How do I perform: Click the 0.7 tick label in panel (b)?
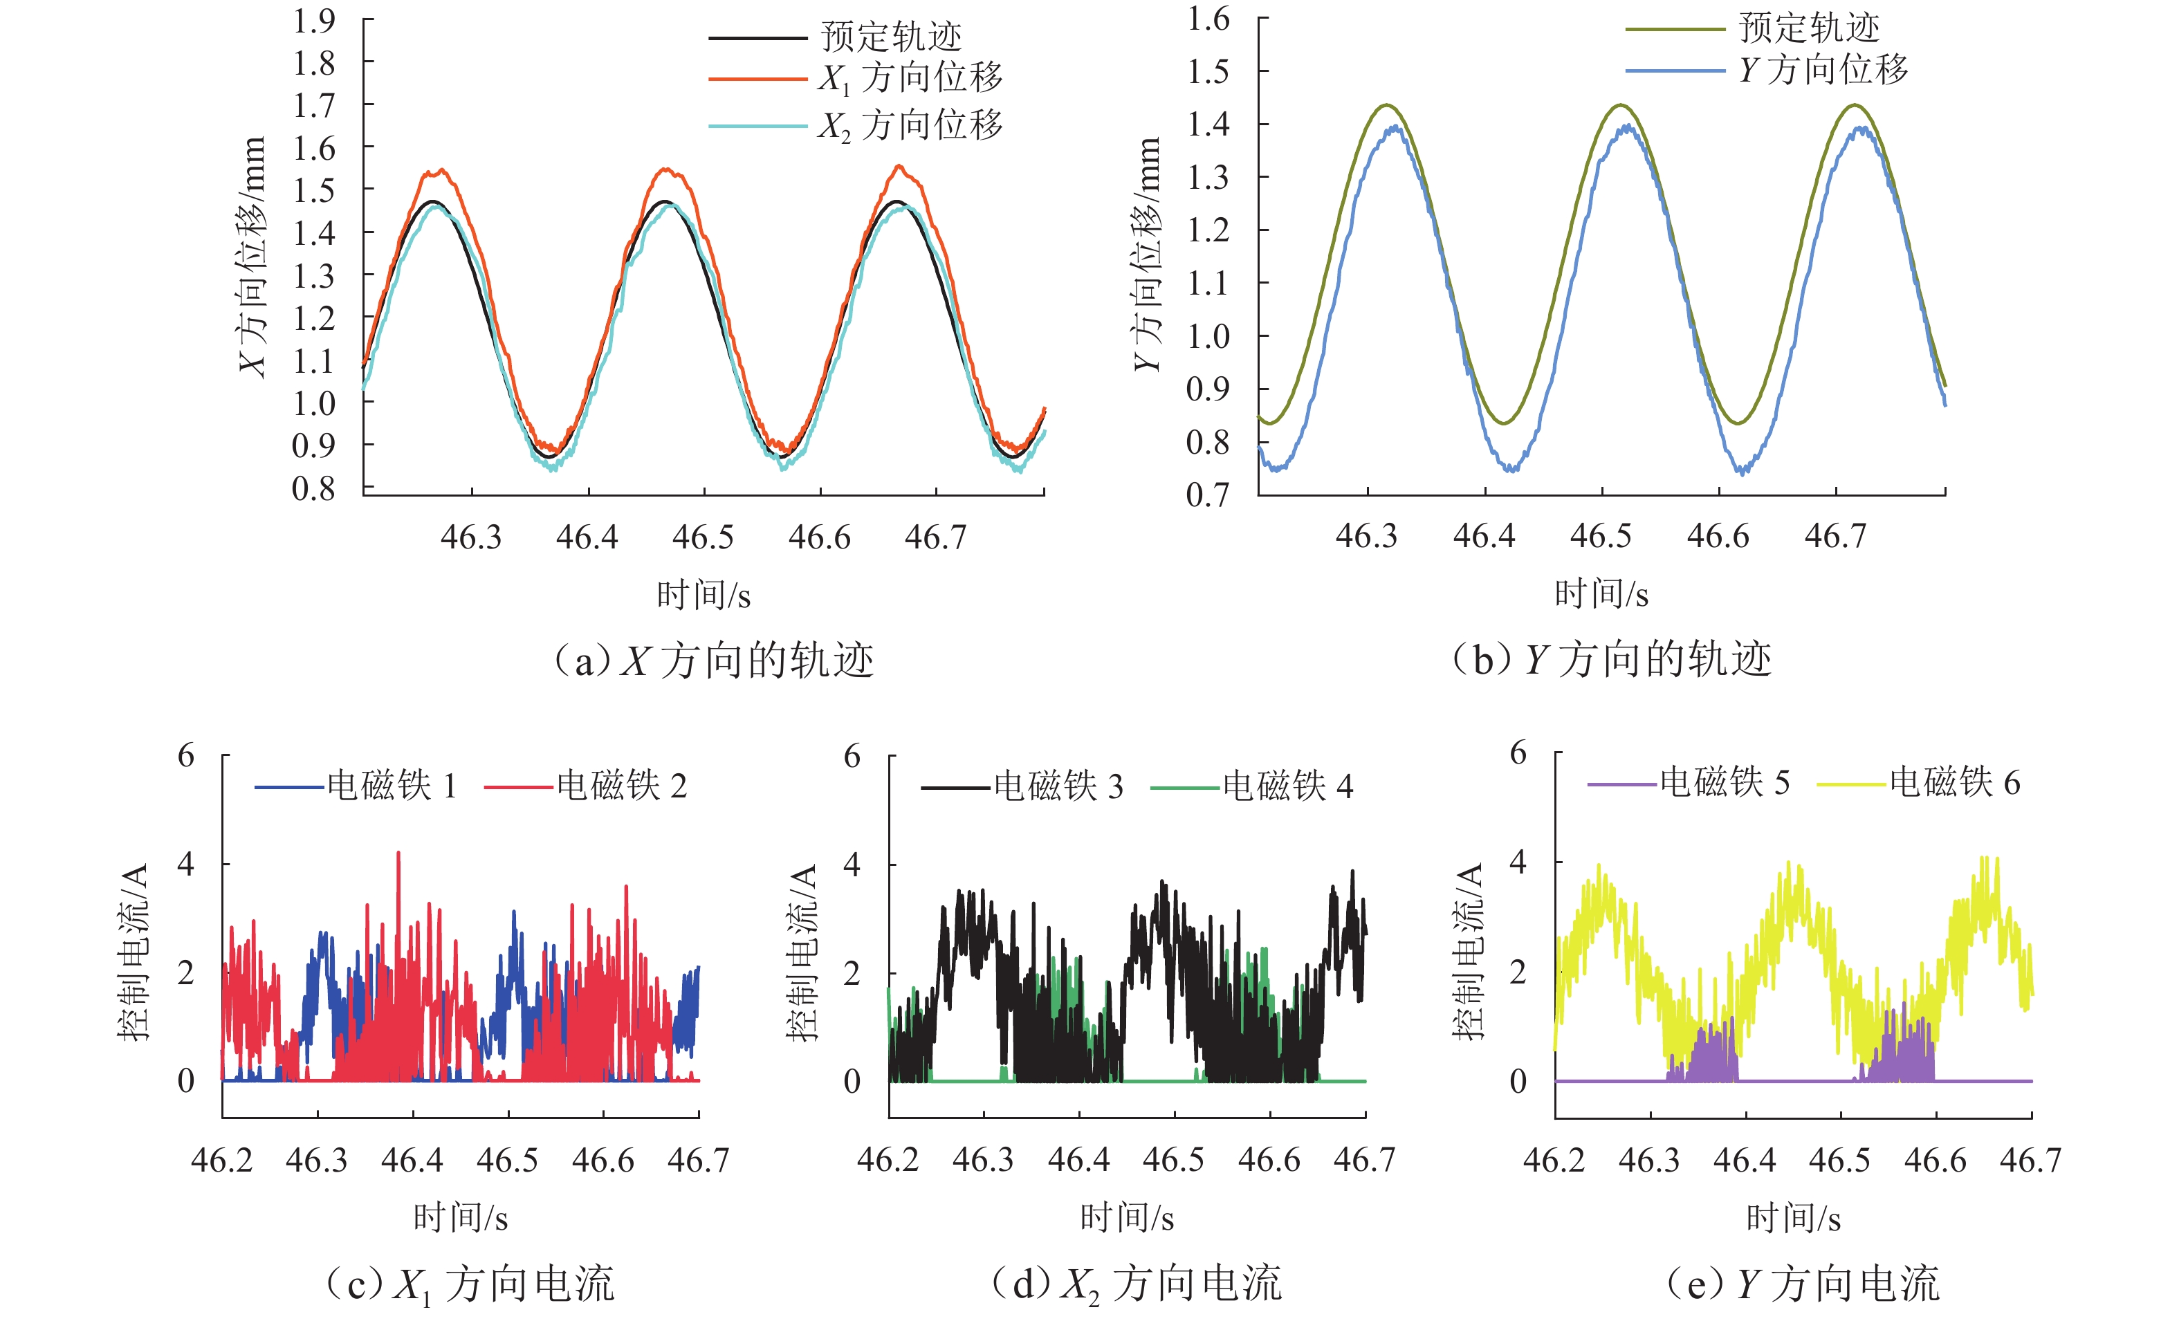[x=1208, y=495]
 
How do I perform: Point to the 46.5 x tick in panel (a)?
[x=703, y=537]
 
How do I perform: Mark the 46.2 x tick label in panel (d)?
[x=888, y=1159]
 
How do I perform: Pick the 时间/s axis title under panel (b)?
[x=1601, y=593]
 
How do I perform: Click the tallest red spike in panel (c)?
[x=398, y=855]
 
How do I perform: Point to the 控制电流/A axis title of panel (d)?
[x=803, y=952]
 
